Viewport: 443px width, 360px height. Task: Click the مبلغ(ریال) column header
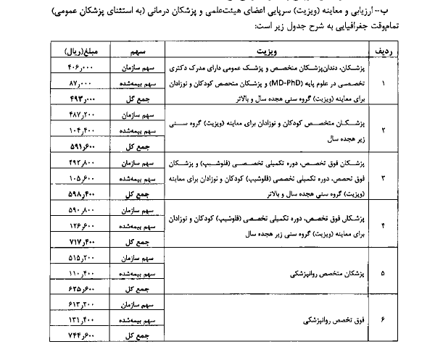[x=79, y=53]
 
